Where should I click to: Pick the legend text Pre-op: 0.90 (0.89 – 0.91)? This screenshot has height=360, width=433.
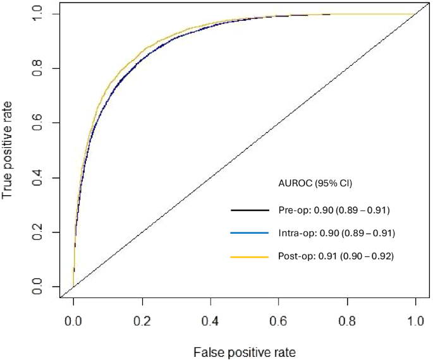tap(336, 210)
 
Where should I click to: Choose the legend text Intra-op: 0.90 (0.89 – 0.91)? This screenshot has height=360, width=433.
tap(336, 234)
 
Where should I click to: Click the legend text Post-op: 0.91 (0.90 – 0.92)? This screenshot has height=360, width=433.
tap(336, 257)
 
